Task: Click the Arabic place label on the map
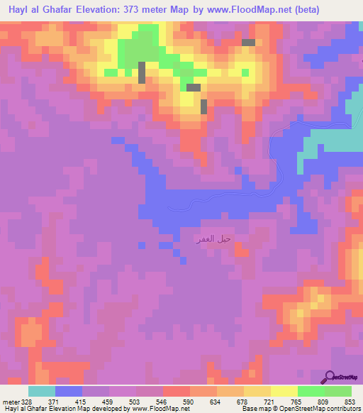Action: coord(213,239)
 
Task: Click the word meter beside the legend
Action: coord(11,402)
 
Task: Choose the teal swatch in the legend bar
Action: coord(42,391)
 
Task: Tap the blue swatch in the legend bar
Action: coord(69,391)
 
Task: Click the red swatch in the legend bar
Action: coord(177,391)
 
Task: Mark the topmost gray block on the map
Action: coord(248,43)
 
